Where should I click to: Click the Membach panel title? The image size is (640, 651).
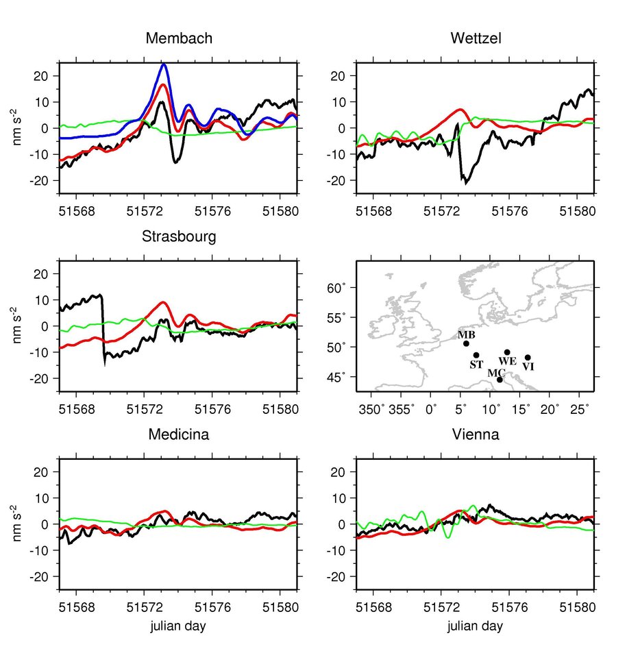pyautogui.click(x=179, y=39)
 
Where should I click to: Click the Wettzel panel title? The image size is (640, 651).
pyautogui.click(x=476, y=39)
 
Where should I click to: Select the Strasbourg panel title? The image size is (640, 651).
pyautogui.click(x=179, y=237)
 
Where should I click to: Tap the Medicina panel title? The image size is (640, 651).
pyautogui.click(x=179, y=435)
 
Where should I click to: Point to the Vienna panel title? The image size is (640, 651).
pyautogui.click(x=476, y=435)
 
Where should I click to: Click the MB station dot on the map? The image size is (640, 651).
pyautogui.click(x=466, y=343)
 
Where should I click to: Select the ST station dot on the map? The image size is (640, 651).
pyautogui.click(x=476, y=355)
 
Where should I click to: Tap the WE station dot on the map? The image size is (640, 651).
pyautogui.click(x=507, y=352)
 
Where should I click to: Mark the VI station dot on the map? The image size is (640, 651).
pyautogui.click(x=528, y=357)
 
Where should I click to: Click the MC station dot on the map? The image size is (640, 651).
pyautogui.click(x=500, y=380)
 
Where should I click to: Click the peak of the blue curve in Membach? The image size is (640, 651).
pyautogui.click(x=164, y=64)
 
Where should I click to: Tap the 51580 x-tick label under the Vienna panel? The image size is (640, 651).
pyautogui.click(x=577, y=607)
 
